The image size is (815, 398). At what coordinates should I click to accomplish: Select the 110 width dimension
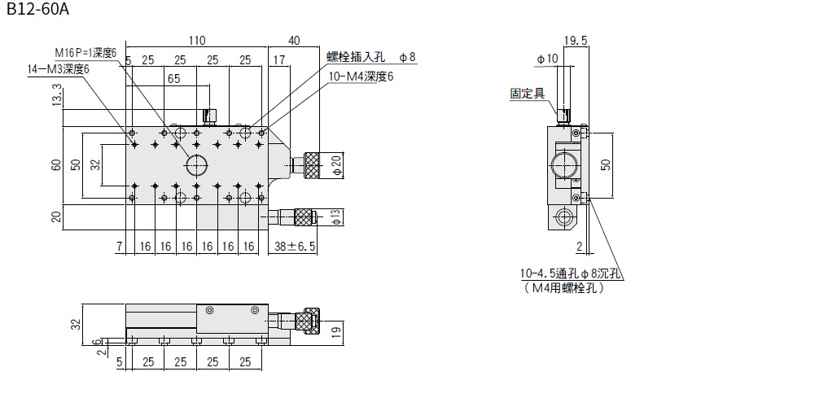[196, 40]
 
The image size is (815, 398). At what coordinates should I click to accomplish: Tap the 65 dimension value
[173, 79]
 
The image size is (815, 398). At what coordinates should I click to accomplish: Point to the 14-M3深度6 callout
[58, 68]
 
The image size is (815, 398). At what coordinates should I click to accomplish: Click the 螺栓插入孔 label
[356, 56]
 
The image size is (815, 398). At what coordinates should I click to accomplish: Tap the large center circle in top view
[196, 165]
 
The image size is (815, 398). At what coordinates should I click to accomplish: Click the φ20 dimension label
[336, 165]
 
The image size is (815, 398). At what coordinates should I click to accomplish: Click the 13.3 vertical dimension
[55, 100]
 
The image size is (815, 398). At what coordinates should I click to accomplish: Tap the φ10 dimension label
[546, 59]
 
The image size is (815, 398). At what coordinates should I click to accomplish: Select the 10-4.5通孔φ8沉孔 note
[571, 274]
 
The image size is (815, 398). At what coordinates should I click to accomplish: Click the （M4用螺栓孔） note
[560, 288]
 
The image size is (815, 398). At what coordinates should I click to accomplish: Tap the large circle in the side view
[562, 165]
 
